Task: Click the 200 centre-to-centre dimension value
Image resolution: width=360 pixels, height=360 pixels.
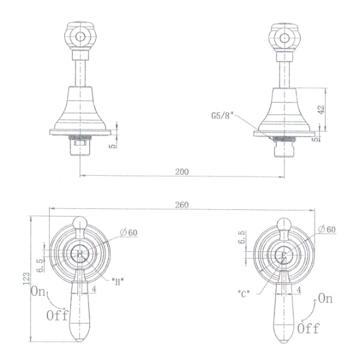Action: pyautogui.click(x=182, y=172)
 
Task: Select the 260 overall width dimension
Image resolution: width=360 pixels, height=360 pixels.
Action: pyautogui.click(x=182, y=205)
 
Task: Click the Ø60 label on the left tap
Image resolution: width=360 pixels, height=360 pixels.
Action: pyautogui.click(x=128, y=232)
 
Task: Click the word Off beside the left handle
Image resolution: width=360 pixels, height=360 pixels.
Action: pyautogui.click(x=58, y=316)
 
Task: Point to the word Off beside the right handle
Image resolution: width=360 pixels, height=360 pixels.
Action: pyautogui.click(x=308, y=328)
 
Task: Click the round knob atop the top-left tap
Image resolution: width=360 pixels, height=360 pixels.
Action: pyautogui.click(x=80, y=37)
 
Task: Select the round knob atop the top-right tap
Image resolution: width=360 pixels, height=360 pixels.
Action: pyautogui.click(x=283, y=37)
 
